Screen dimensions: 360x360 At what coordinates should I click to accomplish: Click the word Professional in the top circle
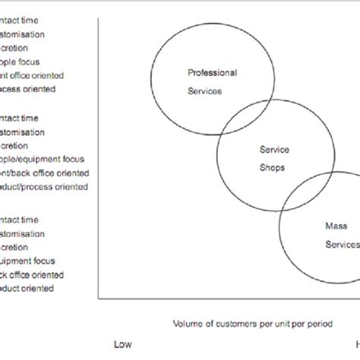pos(212,74)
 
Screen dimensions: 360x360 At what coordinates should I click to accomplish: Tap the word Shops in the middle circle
pos(274,168)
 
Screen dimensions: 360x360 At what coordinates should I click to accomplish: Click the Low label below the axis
pos(123,344)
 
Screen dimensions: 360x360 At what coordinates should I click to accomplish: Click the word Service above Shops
pos(274,150)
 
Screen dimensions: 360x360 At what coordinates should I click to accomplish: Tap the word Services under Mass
pos(341,245)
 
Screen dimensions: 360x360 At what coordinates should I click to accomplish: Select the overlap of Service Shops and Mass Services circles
pos(304,199)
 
